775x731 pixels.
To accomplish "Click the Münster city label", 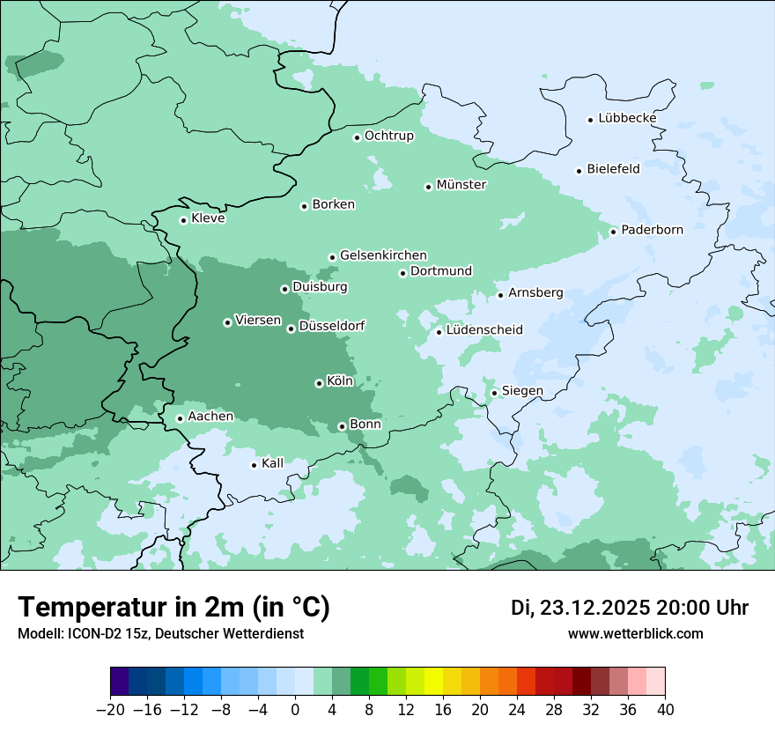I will [461, 185].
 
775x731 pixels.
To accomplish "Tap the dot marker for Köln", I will [319, 383].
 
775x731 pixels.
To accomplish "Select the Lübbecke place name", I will [627, 118].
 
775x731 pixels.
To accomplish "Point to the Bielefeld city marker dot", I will [579, 171].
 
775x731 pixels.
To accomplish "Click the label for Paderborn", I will [652, 230].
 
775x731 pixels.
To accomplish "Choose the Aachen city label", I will [210, 417].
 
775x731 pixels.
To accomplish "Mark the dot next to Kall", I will [255, 465].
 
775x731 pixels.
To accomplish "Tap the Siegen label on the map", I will [522, 391].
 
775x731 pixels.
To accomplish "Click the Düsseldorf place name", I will [332, 326].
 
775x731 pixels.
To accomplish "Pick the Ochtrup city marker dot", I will [358, 137].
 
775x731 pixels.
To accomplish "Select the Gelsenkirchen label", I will [383, 255].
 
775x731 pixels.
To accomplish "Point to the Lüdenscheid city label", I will [484, 330].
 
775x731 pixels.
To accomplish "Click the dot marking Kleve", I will [184, 220].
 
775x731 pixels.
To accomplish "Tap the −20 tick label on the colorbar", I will [110, 710].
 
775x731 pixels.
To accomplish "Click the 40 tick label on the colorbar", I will [665, 710].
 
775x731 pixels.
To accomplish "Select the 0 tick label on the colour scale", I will [295, 710].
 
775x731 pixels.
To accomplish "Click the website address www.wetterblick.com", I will [635, 633].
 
